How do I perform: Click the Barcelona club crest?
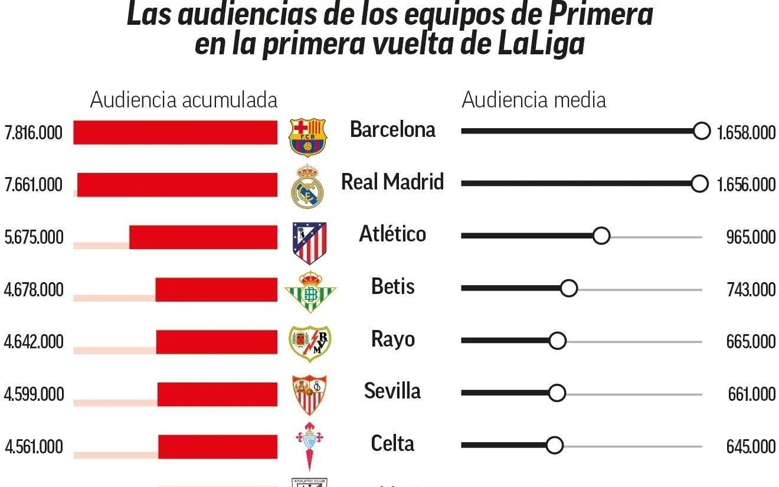coord(307,136)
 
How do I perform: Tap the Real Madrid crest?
coord(307,185)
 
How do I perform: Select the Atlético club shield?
coord(309,242)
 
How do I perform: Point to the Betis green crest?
coord(310,291)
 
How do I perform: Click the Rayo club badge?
coord(310,343)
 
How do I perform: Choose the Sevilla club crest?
coord(310,394)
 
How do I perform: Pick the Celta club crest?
coord(310,446)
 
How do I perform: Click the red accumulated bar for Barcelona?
coord(175,132)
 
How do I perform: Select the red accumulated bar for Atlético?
coord(203,237)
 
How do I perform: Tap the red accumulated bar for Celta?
coord(218,447)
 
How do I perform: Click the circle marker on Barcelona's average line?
coord(701,131)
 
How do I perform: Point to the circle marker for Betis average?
coord(568,289)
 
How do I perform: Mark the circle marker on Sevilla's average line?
coord(557,393)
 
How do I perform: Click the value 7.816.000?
coord(33,133)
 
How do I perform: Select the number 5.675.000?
coord(34,237)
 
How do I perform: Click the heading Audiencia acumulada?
coord(184,100)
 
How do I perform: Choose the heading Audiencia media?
coord(533,100)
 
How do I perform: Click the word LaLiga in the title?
coord(541,44)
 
